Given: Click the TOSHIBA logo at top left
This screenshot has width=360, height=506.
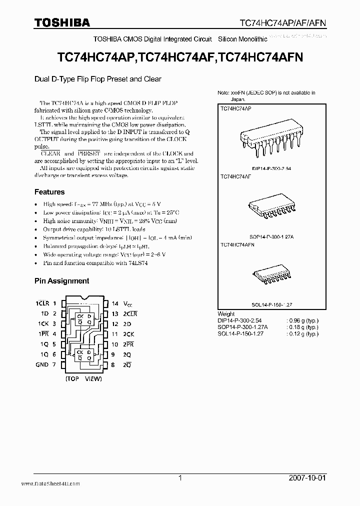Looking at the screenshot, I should pos(62,22).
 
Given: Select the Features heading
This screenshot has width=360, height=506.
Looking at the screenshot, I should pos(49,192).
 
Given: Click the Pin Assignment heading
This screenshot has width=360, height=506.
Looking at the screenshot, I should pos(61,281).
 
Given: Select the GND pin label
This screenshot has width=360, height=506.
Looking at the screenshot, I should pos(42,364).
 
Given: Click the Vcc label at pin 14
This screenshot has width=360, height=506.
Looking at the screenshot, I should pos(128,304).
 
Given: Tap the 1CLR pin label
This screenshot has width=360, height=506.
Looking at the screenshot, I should pos(42,303).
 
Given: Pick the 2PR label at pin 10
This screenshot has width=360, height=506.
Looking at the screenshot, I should pos(129,344).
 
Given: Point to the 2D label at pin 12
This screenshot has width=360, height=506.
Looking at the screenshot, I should pos(127,324).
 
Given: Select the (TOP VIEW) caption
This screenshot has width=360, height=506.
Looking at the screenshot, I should pos(83,379).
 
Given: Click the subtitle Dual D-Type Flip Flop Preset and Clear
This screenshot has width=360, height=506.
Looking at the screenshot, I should pos(98,79).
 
